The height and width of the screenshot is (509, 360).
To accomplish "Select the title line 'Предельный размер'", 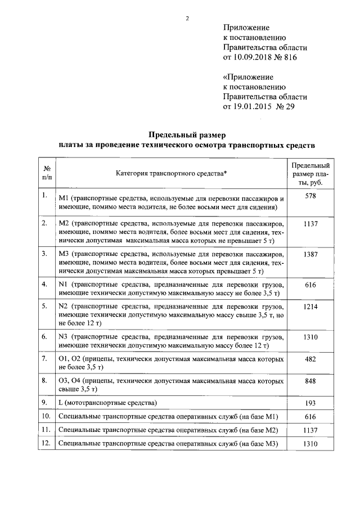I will pyautogui.click(x=186, y=135).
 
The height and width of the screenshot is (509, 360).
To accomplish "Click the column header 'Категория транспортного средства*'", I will pyautogui.click(x=172, y=174).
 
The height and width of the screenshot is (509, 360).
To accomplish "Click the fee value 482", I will pyautogui.click(x=310, y=358).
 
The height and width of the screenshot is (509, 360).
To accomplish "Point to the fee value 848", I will pyautogui.click(x=310, y=381).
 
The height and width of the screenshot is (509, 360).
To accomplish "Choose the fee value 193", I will pyautogui.click(x=310, y=403).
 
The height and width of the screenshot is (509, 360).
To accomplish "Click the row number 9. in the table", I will pyautogui.click(x=44, y=402).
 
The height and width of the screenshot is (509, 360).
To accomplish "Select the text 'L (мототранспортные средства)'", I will pyautogui.click(x=107, y=403).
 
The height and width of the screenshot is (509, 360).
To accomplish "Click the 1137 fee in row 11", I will pyautogui.click(x=310, y=430).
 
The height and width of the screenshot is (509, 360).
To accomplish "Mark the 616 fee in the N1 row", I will pyautogui.click(x=310, y=286).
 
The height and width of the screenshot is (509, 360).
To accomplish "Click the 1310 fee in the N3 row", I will pyautogui.click(x=310, y=337).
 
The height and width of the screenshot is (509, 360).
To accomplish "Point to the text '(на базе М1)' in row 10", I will pyautogui.click(x=259, y=417).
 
